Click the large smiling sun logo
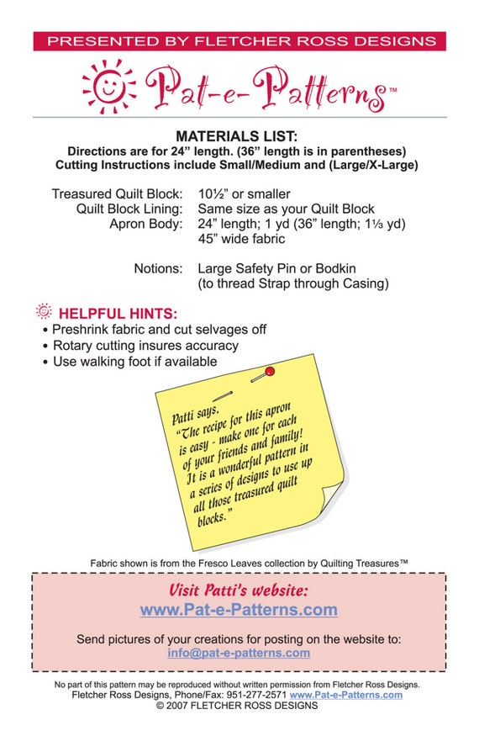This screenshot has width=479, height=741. click(109, 87)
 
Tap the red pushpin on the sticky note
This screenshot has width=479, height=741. click(269, 372)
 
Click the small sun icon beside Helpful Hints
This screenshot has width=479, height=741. click(44, 311)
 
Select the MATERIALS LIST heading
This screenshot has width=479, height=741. click(237, 136)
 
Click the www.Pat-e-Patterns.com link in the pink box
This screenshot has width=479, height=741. click(239, 610)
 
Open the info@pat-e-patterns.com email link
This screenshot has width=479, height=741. click(239, 653)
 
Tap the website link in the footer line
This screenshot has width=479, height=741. click(345, 695)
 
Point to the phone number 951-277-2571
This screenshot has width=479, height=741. click(256, 695)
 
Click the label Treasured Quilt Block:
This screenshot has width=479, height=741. click(117, 193)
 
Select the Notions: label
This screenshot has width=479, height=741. click(158, 268)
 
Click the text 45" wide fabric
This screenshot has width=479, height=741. click(241, 239)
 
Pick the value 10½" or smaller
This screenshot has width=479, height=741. click(245, 193)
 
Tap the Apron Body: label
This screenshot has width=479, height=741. click(146, 224)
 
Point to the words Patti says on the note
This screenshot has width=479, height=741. click(195, 414)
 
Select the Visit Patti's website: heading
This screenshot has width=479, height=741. click(239, 590)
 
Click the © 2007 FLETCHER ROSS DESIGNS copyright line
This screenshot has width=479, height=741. click(237, 706)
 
